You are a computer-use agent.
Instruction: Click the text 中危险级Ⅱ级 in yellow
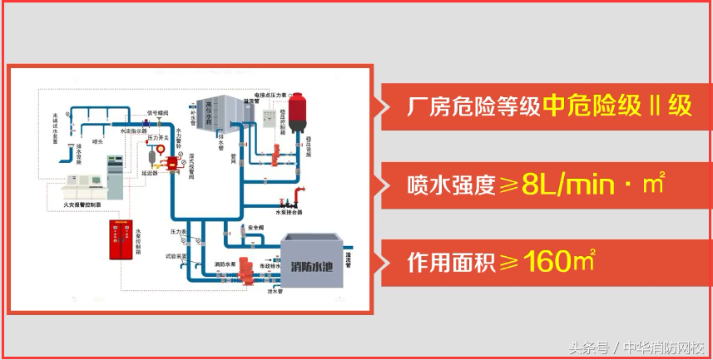(616, 106)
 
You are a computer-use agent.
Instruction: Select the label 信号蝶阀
(157, 111)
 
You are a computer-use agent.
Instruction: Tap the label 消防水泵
(225, 264)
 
